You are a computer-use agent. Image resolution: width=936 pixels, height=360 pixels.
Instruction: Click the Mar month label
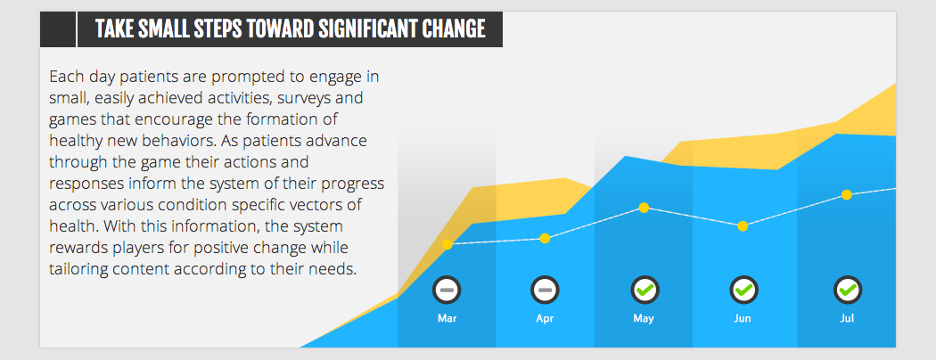coord(447,319)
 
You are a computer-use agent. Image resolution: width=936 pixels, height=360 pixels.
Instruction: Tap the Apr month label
coord(545,319)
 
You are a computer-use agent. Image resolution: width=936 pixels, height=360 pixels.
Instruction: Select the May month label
coord(644,319)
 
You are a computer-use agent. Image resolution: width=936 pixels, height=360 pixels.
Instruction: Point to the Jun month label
coord(743,319)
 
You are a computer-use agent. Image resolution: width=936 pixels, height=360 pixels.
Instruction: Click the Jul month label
coord(847,319)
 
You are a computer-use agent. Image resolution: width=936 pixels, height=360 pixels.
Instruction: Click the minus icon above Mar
coord(447,290)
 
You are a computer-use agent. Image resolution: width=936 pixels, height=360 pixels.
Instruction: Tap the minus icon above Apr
coord(545,290)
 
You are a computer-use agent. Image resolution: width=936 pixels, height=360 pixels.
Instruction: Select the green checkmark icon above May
coord(645,290)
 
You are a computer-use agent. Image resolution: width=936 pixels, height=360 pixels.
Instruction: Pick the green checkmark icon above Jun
coord(743,290)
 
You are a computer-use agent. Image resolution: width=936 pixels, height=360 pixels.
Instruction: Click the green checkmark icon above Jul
coord(848,290)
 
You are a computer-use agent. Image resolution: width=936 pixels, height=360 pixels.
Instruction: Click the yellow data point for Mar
coord(447,245)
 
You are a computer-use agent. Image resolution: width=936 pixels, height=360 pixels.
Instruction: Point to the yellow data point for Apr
coord(545,239)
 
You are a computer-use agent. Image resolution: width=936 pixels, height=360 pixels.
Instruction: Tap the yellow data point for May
coord(644,208)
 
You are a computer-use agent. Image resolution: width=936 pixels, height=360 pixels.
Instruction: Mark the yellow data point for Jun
coord(743,225)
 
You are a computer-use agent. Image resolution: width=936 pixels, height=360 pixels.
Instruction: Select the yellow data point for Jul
coord(847,194)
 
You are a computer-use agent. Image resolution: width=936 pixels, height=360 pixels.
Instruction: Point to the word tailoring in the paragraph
coord(77,268)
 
